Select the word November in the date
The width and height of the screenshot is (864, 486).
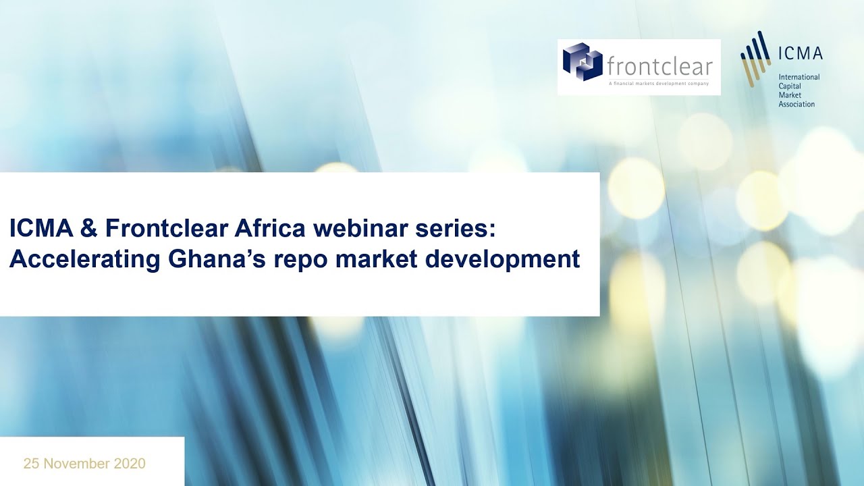tap(76, 464)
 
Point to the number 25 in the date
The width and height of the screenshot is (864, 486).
tap(31, 464)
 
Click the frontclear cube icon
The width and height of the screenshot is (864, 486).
tap(582, 62)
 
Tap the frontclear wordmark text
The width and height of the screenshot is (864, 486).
tap(659, 66)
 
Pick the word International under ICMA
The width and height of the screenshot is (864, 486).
tap(799, 77)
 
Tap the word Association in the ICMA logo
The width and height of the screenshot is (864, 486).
tap(796, 105)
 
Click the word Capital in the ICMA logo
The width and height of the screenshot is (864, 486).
tap(790, 86)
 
